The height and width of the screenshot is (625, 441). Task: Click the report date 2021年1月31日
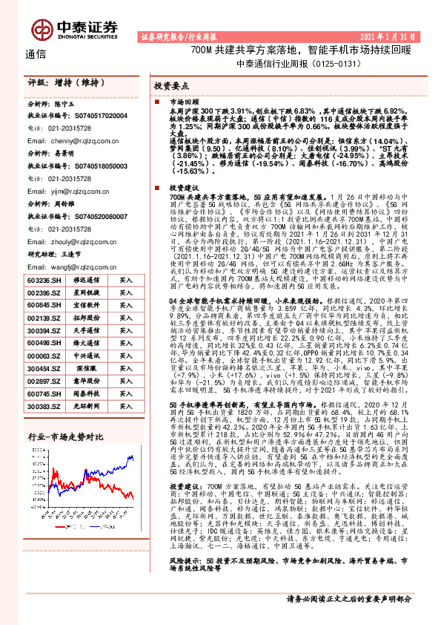pyautogui.click(x=389, y=36)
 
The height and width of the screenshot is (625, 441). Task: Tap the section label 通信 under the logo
pyautogui.click(x=36, y=53)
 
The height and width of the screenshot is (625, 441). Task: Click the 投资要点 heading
pyautogui.click(x=173, y=86)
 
